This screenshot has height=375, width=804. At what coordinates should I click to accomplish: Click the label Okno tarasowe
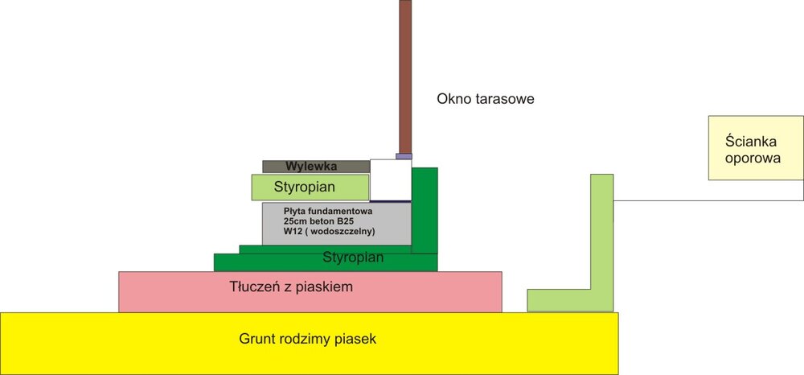tap(486, 99)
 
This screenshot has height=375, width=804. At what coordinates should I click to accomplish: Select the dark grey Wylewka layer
tap(316, 167)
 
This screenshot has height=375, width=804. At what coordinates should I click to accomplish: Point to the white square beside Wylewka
tap(391, 179)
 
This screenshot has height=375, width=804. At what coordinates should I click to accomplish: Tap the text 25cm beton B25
tap(321, 221)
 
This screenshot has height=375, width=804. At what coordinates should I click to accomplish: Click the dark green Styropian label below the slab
tap(353, 258)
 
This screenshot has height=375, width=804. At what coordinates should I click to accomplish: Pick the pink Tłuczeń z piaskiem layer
tap(310, 291)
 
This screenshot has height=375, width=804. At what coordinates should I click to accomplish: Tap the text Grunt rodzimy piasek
tap(308, 339)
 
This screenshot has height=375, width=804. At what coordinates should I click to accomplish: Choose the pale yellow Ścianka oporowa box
tap(755, 147)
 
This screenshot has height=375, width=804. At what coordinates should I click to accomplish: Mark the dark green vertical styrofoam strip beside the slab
tap(425, 209)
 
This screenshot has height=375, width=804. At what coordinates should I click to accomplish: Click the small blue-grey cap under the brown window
tap(404, 156)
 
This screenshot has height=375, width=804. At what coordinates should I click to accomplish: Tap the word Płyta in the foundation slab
tap(297, 211)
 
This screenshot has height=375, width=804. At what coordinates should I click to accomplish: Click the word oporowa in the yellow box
tap(753, 159)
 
